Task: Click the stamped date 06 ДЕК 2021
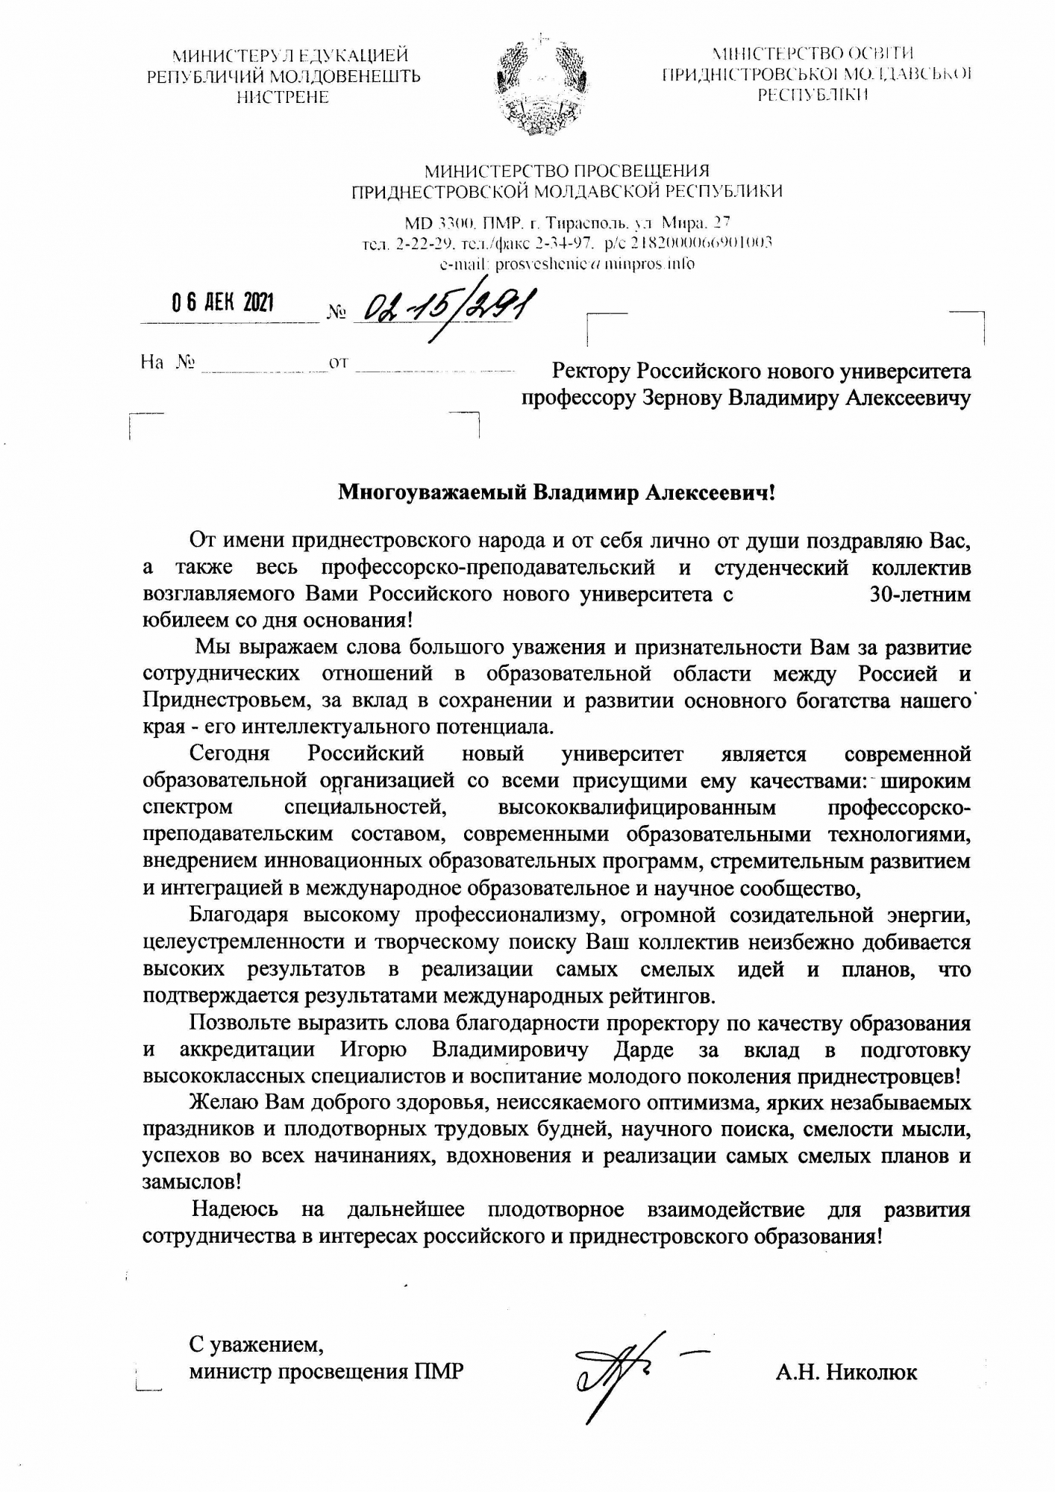pyautogui.click(x=222, y=303)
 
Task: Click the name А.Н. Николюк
pyautogui.click(x=846, y=1371)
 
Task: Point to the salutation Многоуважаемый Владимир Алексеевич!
pyautogui.click(x=557, y=493)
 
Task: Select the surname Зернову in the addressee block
pyautogui.click(x=683, y=398)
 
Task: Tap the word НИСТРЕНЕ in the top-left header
pyautogui.click(x=282, y=97)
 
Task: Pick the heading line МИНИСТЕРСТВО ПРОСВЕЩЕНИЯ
pyautogui.click(x=567, y=172)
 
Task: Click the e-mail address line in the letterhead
pyautogui.click(x=567, y=264)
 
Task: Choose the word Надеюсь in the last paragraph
pyautogui.click(x=236, y=1209)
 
